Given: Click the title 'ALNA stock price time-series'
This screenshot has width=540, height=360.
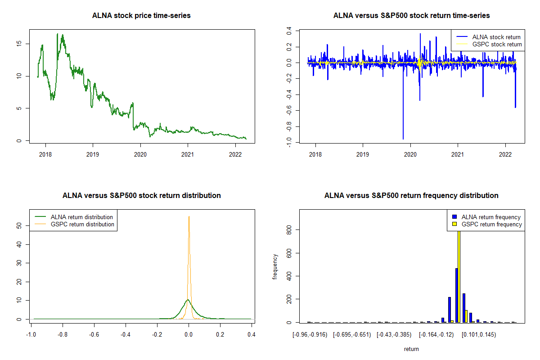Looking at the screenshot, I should [x=141, y=16].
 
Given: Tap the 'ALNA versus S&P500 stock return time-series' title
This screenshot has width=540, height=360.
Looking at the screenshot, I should [x=411, y=16].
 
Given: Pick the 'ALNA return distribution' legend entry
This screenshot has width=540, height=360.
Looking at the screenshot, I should [x=81, y=217].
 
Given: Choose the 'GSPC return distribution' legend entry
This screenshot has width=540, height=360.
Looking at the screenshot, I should [x=82, y=224].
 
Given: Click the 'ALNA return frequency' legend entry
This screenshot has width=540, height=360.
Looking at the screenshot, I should [x=491, y=217].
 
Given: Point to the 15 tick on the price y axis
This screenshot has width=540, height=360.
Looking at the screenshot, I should [x=19, y=44].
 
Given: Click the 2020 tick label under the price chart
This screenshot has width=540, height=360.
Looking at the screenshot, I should [x=140, y=153].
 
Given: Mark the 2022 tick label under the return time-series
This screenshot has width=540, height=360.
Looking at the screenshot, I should [x=505, y=153].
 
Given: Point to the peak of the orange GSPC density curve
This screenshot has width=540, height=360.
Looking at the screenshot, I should [x=189, y=216].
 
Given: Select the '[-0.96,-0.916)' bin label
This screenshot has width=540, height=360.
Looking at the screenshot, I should [x=309, y=335].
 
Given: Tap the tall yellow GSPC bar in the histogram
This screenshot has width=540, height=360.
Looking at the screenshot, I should [x=459, y=279].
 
